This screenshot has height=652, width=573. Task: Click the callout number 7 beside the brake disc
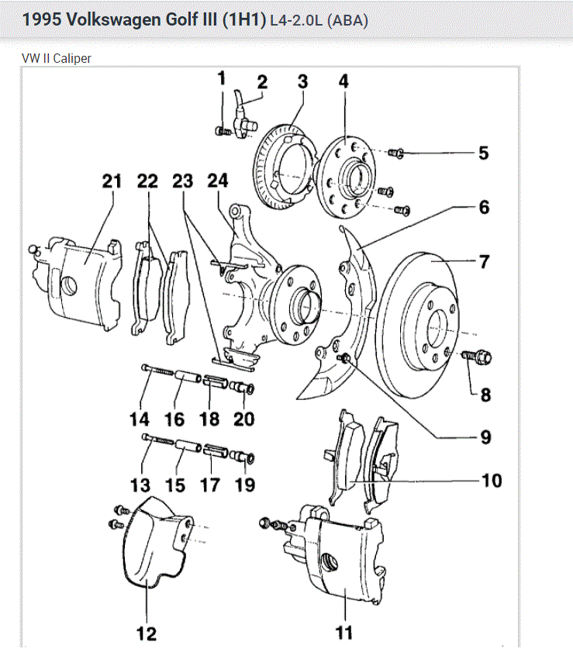485,261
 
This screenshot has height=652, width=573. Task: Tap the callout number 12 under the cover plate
146,633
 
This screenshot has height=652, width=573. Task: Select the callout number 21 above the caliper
112,181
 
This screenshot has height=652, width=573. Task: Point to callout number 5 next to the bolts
483,153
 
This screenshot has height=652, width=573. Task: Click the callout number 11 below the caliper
343,633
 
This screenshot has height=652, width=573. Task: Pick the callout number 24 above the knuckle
218,181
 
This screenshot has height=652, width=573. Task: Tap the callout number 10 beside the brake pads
492,481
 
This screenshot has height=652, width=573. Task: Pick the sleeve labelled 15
186,447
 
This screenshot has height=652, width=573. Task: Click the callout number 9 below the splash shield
485,437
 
